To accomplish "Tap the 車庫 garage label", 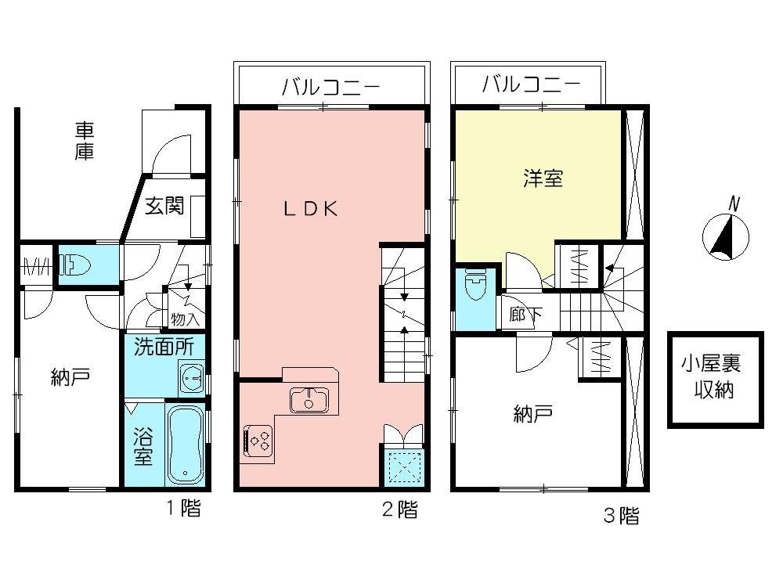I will (x=85, y=141).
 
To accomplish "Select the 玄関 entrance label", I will (x=165, y=207).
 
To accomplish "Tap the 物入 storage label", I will (x=186, y=319).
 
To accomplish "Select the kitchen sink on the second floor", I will (x=309, y=400).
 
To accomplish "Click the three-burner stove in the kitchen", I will (x=259, y=440).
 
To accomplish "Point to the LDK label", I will (x=310, y=208).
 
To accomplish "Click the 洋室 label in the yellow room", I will (x=543, y=178).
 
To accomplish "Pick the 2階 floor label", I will (x=399, y=510).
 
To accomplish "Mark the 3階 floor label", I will (x=621, y=516).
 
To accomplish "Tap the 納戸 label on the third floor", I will (x=532, y=413).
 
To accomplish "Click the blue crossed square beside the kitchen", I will (x=405, y=468).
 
